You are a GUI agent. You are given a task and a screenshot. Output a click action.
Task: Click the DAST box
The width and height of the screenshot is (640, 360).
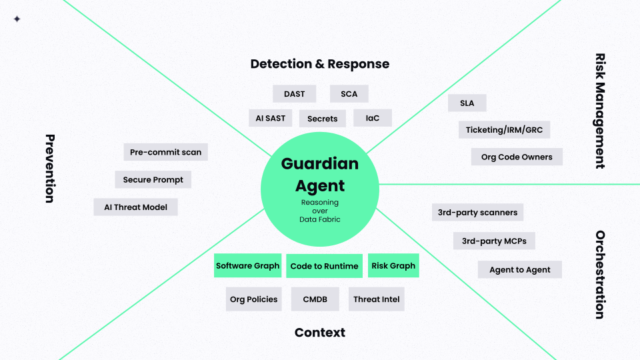tap(294, 94)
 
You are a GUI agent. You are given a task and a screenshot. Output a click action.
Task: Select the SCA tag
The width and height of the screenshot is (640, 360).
tap(349, 94)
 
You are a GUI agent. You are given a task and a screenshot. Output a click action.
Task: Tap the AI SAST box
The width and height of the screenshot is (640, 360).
tap(270, 118)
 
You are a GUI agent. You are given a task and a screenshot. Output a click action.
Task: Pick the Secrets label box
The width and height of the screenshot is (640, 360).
tap(323, 119)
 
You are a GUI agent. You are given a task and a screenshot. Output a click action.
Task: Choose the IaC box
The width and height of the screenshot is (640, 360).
tap(373, 118)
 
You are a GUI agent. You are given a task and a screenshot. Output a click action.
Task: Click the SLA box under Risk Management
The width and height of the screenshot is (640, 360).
tap(467, 103)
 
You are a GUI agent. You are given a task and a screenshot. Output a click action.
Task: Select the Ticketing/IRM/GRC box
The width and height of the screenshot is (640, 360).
tap(504, 130)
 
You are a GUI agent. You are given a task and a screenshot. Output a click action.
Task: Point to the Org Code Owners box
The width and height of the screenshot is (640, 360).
tap(517, 157)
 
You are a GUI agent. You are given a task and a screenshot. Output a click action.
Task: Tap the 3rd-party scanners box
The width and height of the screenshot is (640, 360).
tap(477, 213)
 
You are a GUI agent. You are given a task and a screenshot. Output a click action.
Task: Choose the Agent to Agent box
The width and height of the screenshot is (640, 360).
tap(520, 269)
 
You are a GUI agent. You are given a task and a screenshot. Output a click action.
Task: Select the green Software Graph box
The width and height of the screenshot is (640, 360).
tap(248, 266)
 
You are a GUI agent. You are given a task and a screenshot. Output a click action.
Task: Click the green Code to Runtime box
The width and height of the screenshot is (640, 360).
tap(324, 266)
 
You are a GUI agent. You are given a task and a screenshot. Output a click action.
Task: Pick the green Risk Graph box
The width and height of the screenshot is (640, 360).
tap(393, 266)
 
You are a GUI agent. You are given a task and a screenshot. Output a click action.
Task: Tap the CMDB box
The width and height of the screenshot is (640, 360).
tap(315, 299)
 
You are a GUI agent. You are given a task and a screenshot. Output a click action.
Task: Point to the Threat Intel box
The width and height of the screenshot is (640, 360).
tap(377, 299)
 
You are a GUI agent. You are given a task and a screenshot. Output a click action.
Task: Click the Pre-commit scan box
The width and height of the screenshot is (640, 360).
tap(166, 152)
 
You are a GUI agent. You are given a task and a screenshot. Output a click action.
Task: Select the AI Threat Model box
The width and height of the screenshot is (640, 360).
tap(136, 207)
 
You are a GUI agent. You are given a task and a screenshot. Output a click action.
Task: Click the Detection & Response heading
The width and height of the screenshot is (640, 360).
tap(320, 64)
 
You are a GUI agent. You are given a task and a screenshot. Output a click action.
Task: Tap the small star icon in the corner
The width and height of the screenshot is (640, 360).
tap(17, 19)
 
